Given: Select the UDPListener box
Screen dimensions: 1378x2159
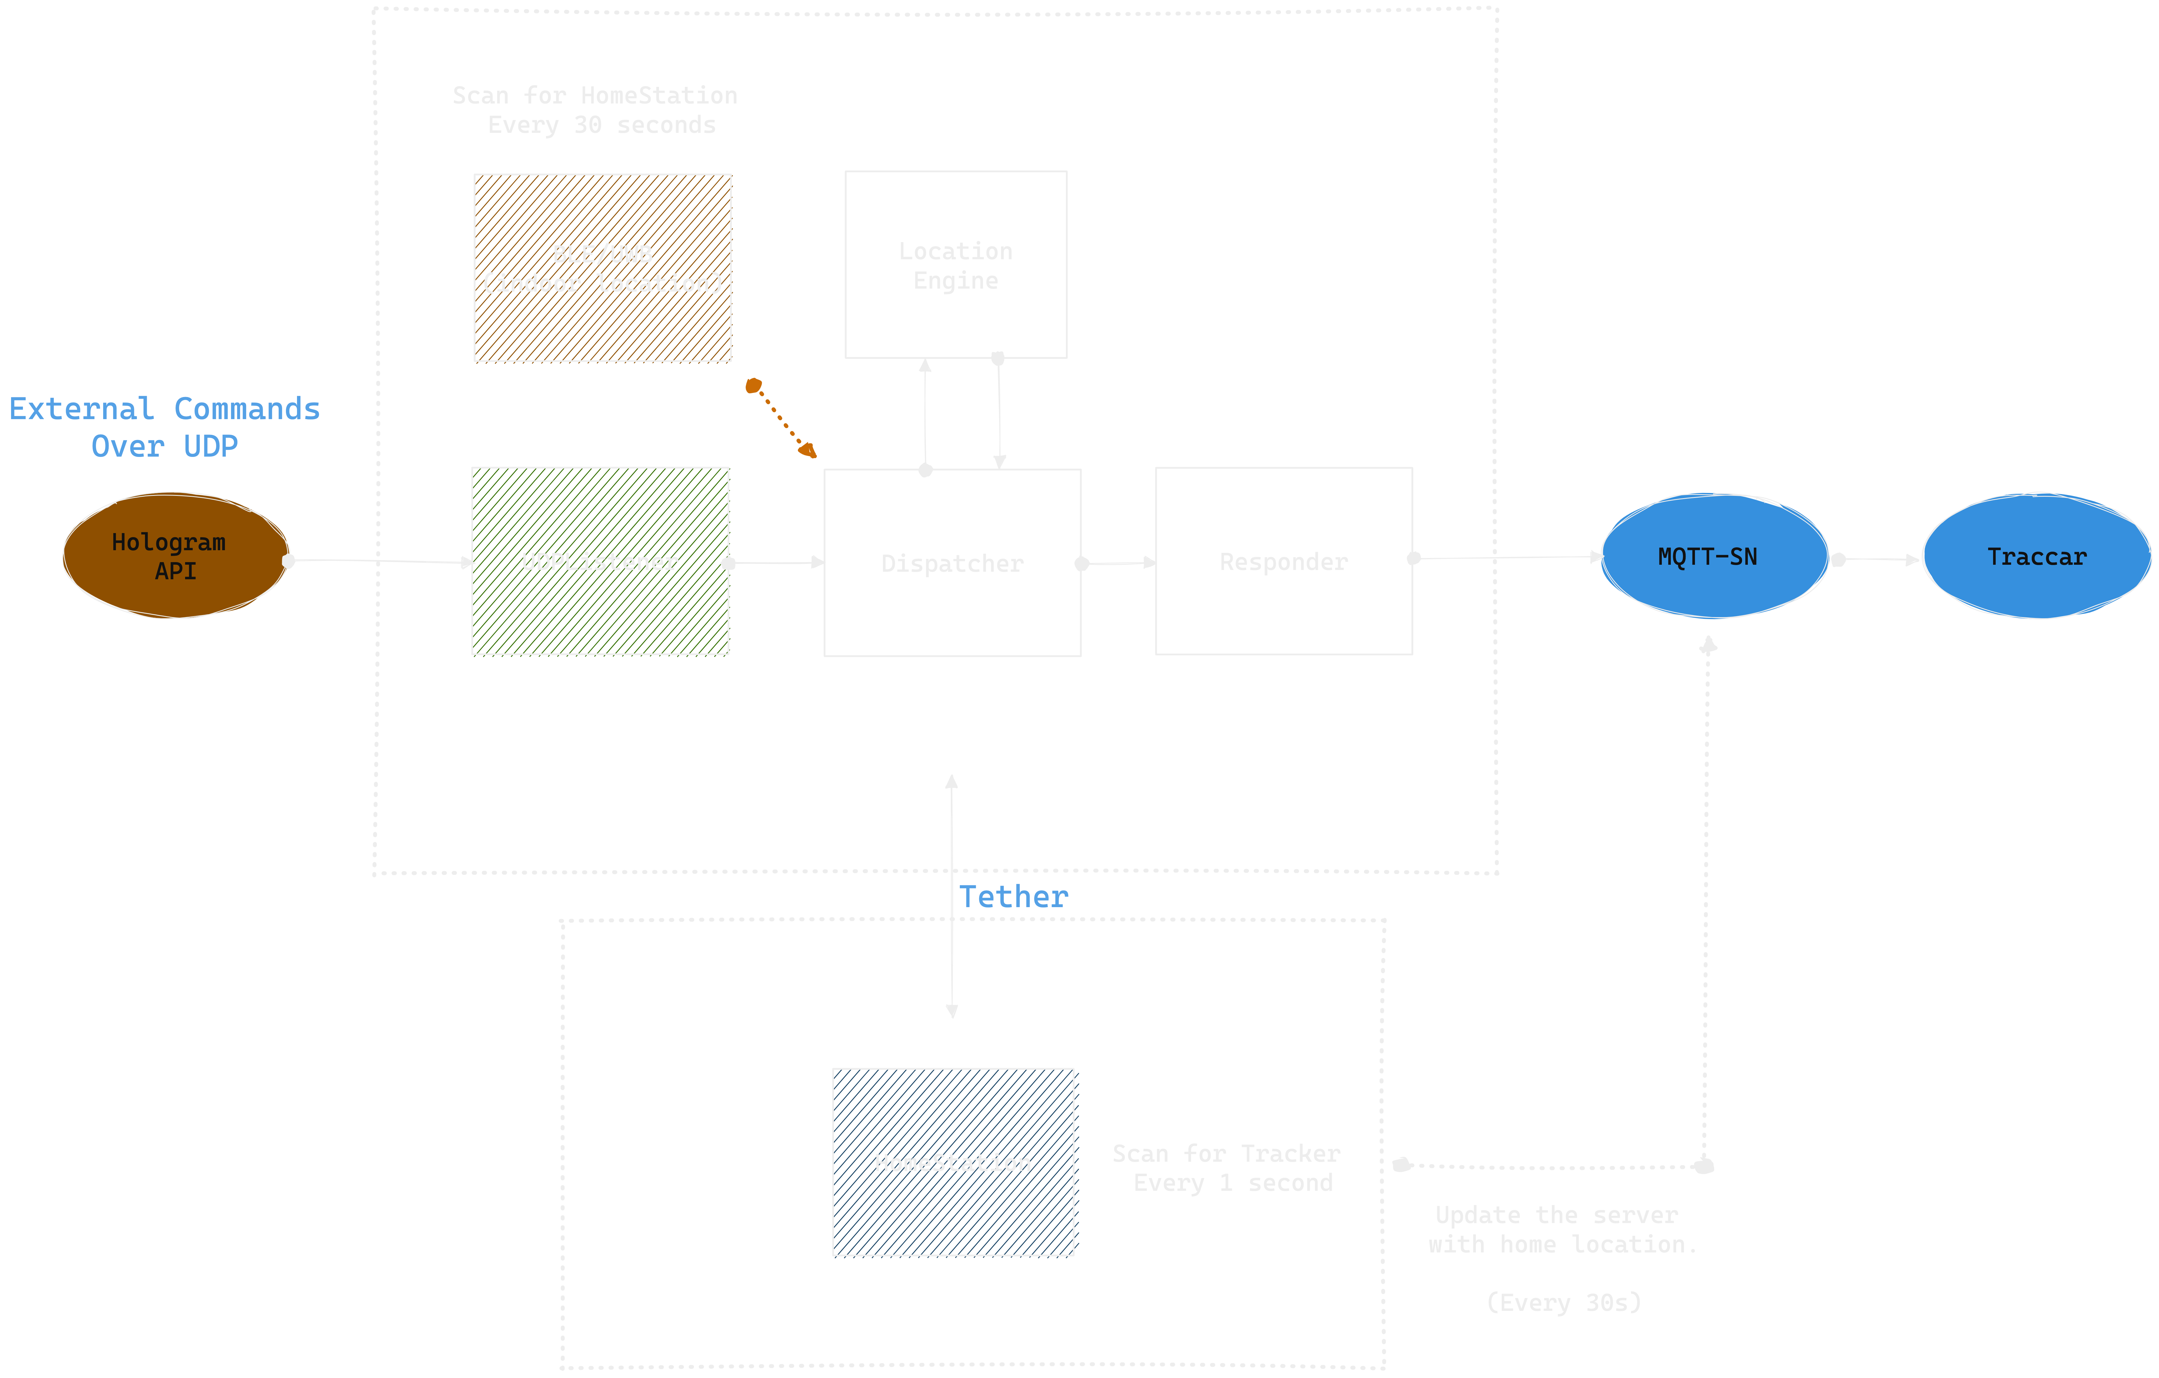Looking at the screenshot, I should (x=600, y=561).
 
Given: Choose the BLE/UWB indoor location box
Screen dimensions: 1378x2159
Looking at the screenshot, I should (x=602, y=268).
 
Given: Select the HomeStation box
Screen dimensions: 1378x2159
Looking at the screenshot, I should (x=953, y=1162).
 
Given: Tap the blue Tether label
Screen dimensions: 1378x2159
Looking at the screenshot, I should (x=1014, y=897).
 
